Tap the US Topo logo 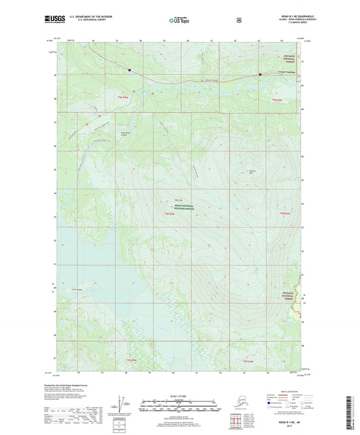coord(179,22)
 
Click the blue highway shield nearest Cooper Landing coord(261,76)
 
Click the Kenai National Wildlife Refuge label coord(180,209)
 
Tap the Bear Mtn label coord(178,201)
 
